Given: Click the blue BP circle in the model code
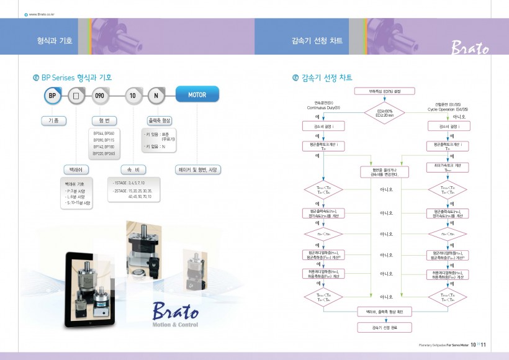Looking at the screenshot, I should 53,96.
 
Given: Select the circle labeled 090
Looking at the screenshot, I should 101,96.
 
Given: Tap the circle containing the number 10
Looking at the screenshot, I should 132,96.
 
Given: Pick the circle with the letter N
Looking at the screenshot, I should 155,96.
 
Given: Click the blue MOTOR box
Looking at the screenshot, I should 197,96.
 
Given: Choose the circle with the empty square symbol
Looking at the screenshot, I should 76,96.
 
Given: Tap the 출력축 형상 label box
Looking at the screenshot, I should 159,120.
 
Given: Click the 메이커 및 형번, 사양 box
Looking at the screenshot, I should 197,168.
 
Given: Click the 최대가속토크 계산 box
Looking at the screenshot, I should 447,167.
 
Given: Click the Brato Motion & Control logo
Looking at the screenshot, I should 175,313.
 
